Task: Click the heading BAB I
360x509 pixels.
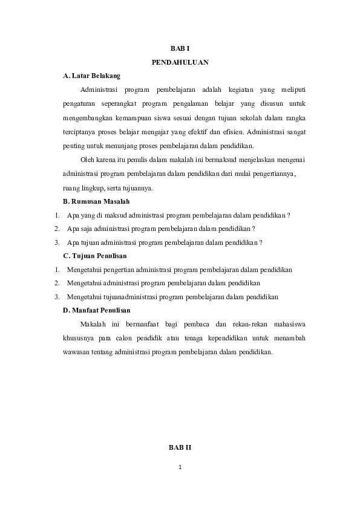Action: (180, 47)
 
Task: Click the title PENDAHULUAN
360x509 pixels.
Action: (180, 62)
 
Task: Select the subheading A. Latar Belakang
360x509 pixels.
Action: (92, 76)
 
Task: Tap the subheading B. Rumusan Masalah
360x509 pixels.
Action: (97, 201)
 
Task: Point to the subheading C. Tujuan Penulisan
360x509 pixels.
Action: (95, 256)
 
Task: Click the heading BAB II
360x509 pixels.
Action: (180, 447)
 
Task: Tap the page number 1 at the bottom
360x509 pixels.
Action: (180, 467)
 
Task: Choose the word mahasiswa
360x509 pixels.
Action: (289, 324)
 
